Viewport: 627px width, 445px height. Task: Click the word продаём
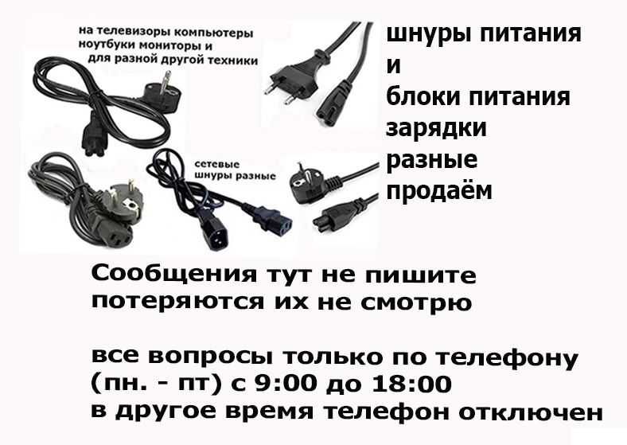tap(438, 192)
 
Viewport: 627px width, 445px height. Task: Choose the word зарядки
tap(436, 127)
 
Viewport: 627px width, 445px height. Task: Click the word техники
tap(234, 60)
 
